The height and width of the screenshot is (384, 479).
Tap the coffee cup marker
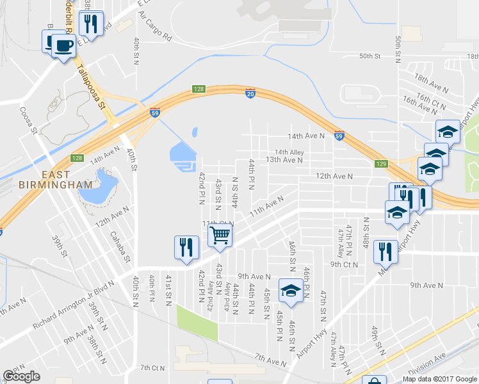pos(63,46)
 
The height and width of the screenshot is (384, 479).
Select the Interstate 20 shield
pos(250,94)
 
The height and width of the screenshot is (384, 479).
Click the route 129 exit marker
pos(382,164)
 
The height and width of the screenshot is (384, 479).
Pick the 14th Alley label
pos(289,152)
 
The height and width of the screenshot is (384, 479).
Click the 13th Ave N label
pos(284,160)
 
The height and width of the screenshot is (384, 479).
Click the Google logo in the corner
pos(21,376)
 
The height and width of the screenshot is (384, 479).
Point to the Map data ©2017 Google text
pos(439,379)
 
